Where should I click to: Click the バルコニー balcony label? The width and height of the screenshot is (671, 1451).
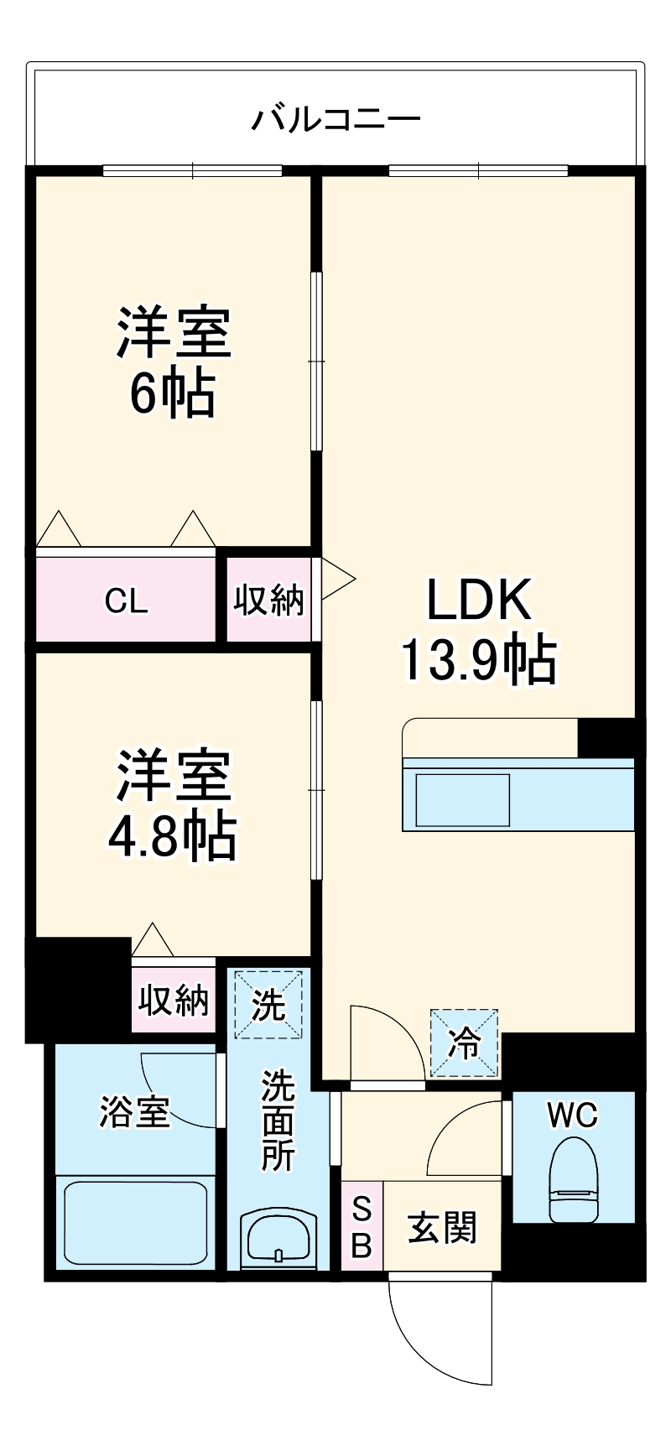tap(335, 119)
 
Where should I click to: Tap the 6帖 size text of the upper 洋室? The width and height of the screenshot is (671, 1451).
tap(172, 393)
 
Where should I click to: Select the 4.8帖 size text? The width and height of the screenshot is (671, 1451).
tap(172, 835)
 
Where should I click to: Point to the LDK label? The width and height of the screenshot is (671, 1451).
tap(479, 600)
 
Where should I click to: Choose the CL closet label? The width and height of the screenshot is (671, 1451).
tap(127, 601)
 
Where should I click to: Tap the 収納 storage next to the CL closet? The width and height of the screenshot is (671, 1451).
tap(268, 601)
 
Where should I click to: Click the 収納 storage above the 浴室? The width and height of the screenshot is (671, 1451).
tap(174, 1001)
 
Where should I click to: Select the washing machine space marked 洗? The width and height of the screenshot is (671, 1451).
tap(268, 1004)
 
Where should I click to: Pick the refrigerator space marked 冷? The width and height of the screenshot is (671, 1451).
tap(464, 1043)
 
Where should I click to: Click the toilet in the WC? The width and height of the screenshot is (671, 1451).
tap(573, 1178)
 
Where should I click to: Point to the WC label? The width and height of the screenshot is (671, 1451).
tap(573, 1115)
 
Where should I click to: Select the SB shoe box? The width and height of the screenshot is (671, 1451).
tap(362, 1227)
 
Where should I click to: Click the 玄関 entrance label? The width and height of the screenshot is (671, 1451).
tap(442, 1228)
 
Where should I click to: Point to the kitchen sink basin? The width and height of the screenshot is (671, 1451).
tap(464, 799)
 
